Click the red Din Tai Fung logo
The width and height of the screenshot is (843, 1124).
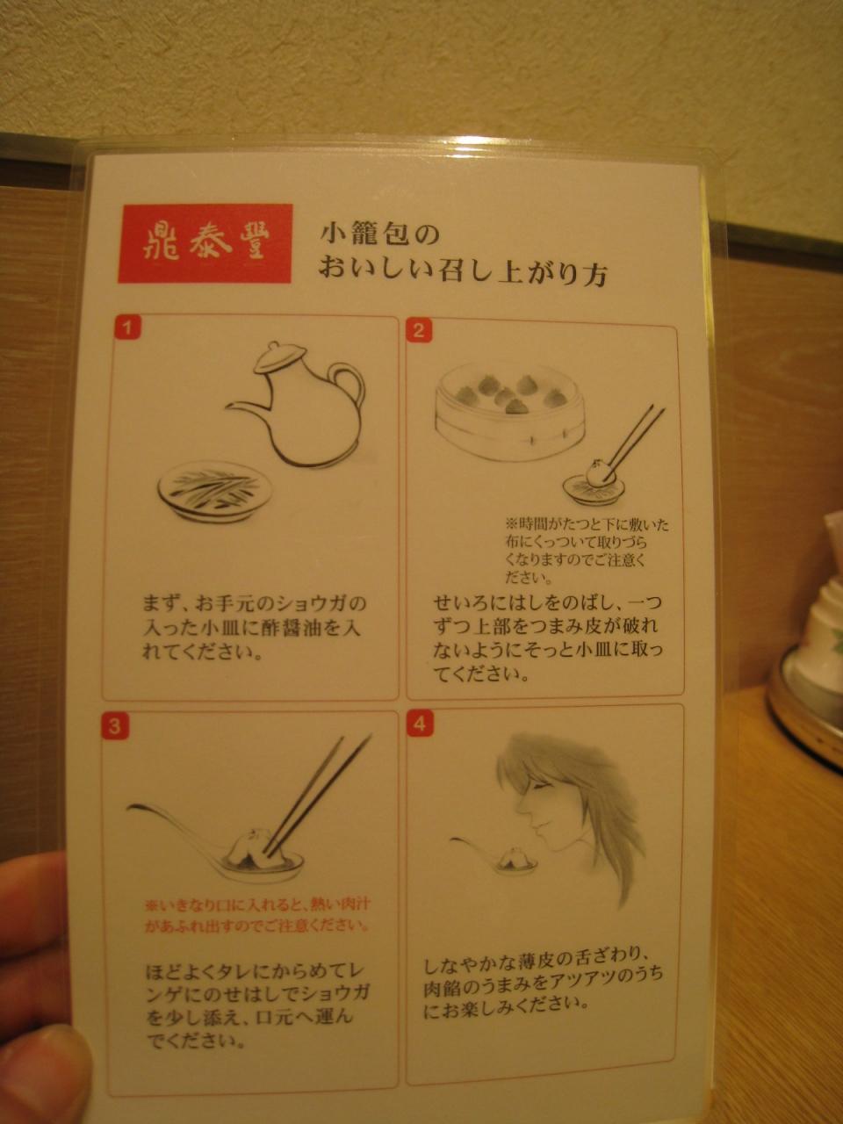[x=205, y=243]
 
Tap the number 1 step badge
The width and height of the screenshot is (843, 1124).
[x=128, y=328]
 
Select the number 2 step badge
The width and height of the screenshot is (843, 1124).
[x=419, y=331]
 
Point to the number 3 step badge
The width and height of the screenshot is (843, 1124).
[x=115, y=726]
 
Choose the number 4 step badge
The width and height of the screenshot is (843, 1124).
[x=419, y=724]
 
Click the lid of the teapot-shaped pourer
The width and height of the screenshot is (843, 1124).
[x=280, y=356]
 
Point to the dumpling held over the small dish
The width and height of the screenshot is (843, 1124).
[x=598, y=472]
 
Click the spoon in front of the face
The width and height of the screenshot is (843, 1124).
[x=494, y=854]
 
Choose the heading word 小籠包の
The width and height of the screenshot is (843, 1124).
[x=380, y=235]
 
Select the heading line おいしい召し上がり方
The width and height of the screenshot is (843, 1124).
[x=464, y=273]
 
